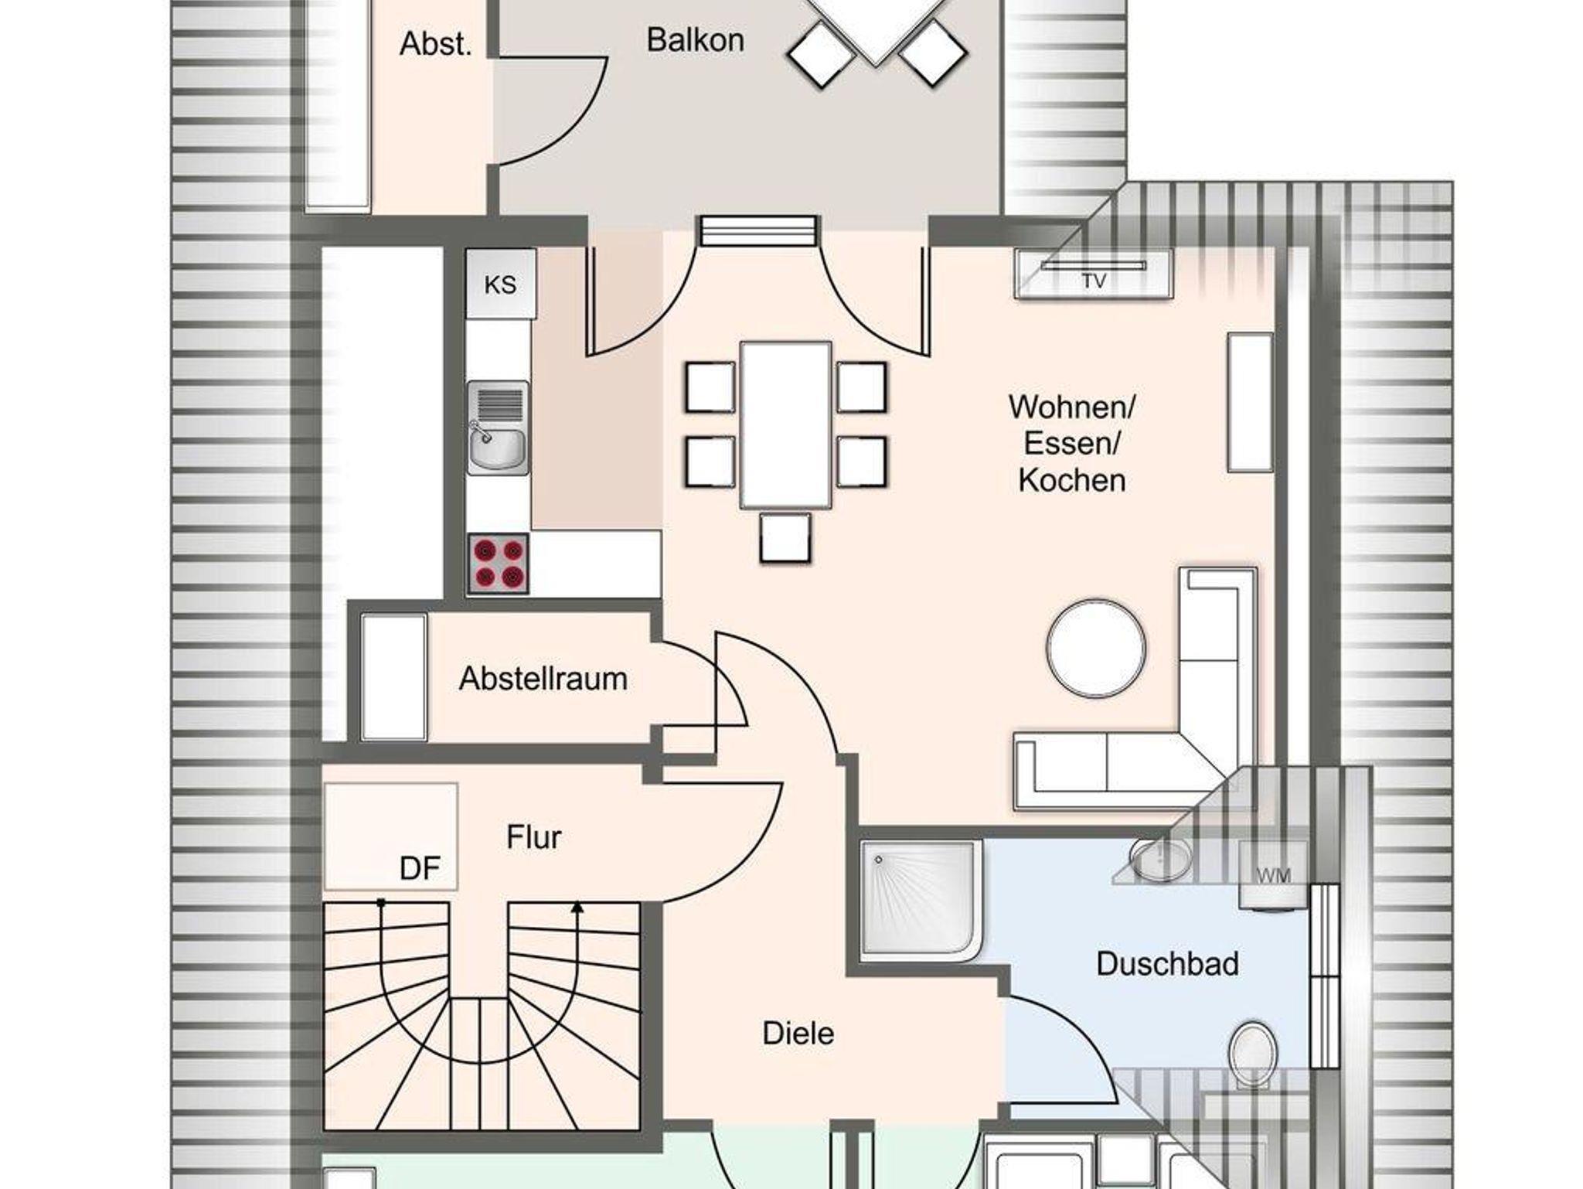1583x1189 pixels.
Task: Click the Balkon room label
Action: click(695, 40)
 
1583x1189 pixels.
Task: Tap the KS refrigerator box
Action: click(501, 284)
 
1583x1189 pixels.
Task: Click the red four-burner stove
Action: click(498, 564)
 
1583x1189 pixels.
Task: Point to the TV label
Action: click(1094, 281)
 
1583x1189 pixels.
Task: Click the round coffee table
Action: click(1096, 649)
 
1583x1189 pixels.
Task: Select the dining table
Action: click(785, 425)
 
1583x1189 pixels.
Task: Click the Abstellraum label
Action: click(543, 679)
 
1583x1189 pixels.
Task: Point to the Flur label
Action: click(533, 837)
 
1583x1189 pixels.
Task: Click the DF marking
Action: click(420, 869)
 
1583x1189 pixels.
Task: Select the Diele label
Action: click(798, 1034)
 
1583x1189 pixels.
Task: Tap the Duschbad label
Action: click(1167, 964)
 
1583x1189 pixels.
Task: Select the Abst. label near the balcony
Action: click(435, 44)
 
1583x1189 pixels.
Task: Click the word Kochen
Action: click(1071, 481)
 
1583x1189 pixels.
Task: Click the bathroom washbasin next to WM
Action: click(1161, 858)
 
